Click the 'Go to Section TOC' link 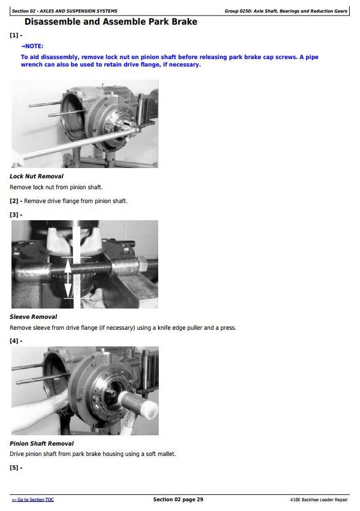tap(33, 500)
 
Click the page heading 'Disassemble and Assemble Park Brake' tap(111, 22)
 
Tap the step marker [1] tap(16, 35)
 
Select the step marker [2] tap(16, 201)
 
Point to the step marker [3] tap(16, 214)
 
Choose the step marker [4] tap(16, 341)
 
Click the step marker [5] tap(16, 467)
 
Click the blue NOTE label tap(32, 46)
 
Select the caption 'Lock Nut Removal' tap(37, 176)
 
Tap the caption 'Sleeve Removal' tap(33, 317)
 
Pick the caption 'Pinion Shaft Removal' tap(42, 443)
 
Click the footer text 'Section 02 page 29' tap(178, 500)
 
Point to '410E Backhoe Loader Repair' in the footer tap(319, 500)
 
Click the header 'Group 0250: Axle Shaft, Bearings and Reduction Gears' tap(285, 11)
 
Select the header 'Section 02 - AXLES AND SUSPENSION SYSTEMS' tap(65, 11)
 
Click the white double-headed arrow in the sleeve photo tap(68, 278)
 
